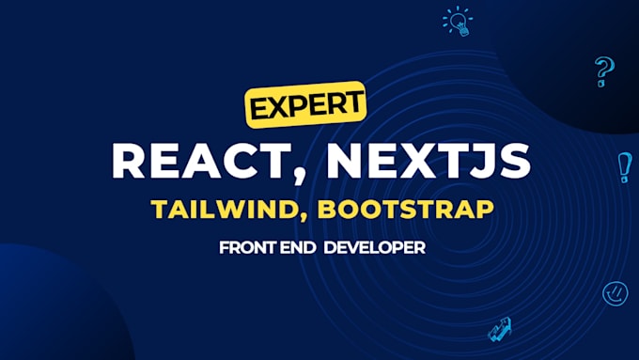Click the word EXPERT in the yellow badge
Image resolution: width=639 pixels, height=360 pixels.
pyautogui.click(x=306, y=104)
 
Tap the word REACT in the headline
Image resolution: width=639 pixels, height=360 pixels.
pyautogui.click(x=201, y=160)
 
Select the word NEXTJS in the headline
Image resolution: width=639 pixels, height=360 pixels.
pyautogui.click(x=429, y=160)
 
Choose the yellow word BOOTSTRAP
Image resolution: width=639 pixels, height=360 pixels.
pyautogui.click(x=406, y=210)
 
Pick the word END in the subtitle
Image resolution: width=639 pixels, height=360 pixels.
pyautogui.click(x=298, y=247)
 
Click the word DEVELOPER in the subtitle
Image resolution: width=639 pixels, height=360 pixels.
pyautogui.click(x=375, y=247)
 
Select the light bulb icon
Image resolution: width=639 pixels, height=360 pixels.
pyautogui.click(x=458, y=22)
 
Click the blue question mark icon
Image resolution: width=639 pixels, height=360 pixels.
pyautogui.click(x=604, y=71)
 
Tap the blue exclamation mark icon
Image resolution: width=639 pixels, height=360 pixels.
pyautogui.click(x=624, y=167)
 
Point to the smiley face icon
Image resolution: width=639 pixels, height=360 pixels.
pyautogui.click(x=615, y=293)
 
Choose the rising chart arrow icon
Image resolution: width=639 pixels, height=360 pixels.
pyautogui.click(x=500, y=329)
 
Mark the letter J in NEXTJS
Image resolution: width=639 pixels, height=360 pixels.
pyautogui.click(x=479, y=160)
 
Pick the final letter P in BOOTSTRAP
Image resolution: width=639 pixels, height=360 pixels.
pyautogui.click(x=484, y=209)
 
